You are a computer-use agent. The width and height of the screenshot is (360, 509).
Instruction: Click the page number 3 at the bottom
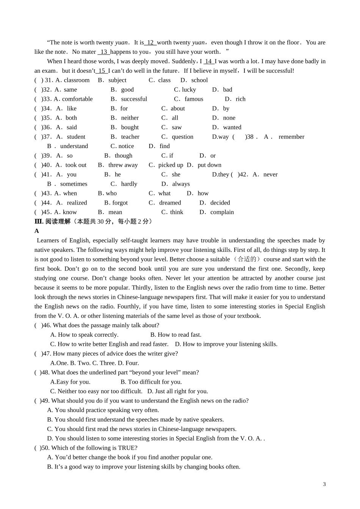pos(324,484)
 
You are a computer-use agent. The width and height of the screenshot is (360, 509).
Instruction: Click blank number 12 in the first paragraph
pos(150,42)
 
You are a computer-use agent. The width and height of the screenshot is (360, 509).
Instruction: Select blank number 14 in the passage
pos(208,61)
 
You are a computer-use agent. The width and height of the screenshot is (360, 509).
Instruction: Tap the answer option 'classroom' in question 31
pos(77,80)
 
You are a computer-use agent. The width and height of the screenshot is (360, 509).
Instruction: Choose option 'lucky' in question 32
pos(189,90)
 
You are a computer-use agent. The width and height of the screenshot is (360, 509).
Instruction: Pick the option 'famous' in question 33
pos(194,99)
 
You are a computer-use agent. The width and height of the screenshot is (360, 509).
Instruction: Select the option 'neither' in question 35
pos(130,118)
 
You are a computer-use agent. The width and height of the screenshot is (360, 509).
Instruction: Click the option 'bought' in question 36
pos(130,127)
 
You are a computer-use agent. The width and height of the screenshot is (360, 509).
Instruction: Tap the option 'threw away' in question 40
pos(123,165)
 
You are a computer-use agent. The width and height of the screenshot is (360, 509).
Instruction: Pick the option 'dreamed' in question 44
pos(170,203)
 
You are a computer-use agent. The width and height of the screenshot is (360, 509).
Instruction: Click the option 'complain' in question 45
pos(222,212)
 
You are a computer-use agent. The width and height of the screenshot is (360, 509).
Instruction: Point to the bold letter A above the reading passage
pos(37,231)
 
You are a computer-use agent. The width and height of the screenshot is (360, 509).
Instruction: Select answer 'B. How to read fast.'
pos(176,335)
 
